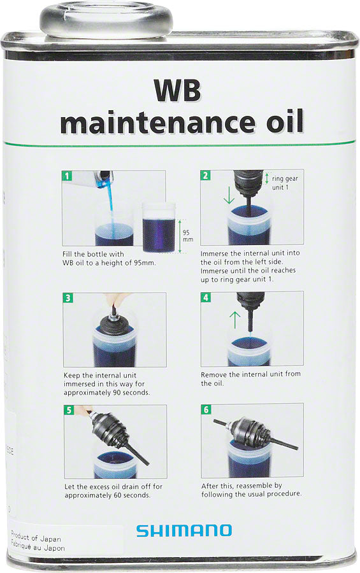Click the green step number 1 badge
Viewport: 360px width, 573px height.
click(67, 176)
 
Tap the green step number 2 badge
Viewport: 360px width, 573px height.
click(205, 176)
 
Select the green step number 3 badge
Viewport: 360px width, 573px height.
click(67, 298)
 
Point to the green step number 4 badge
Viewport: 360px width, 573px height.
click(205, 297)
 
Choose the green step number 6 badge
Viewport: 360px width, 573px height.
click(205, 409)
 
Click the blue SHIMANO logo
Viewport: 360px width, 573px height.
click(184, 530)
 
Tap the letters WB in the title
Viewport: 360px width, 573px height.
click(176, 91)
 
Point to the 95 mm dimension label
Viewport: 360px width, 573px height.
click(187, 236)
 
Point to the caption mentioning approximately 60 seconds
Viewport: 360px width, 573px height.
click(113, 491)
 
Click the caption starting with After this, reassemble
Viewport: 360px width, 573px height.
click(251, 490)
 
